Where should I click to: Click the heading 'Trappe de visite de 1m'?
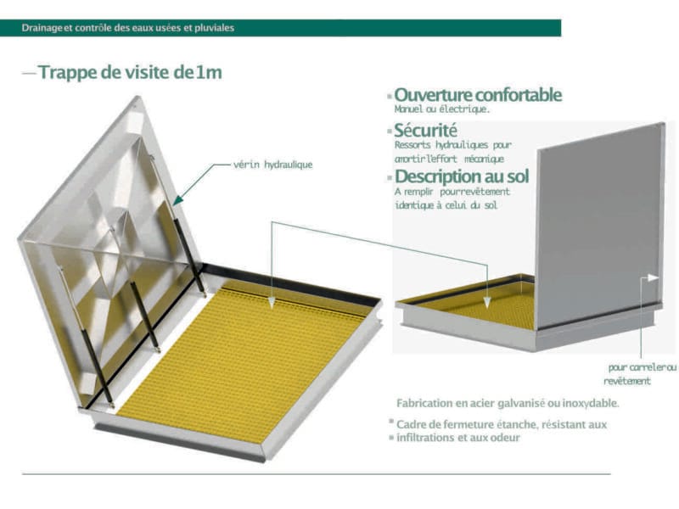pyautogui.click(x=130, y=72)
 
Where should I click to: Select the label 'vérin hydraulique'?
pyautogui.click(x=272, y=165)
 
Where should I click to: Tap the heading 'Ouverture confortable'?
pyautogui.click(x=478, y=95)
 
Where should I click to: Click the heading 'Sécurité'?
pyautogui.click(x=425, y=130)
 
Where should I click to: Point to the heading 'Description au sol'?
pyautogui.click(x=462, y=176)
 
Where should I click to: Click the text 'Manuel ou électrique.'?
pyautogui.click(x=442, y=109)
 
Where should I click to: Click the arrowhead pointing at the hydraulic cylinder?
pyautogui.click(x=178, y=200)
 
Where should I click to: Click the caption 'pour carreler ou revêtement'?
pyautogui.click(x=640, y=374)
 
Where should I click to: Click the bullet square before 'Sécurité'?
pyautogui.click(x=390, y=131)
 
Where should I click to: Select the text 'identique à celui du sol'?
pyautogui.click(x=446, y=204)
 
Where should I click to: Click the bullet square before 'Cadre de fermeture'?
pyautogui.click(x=391, y=421)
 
